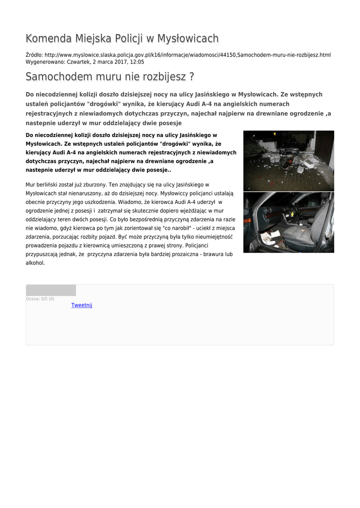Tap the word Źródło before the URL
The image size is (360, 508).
coord(34,55)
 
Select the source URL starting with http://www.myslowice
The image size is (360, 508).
coord(188,55)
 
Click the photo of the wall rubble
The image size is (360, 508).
coord(288,161)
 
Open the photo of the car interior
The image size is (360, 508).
coord(288,222)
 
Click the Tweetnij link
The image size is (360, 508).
coord(82,305)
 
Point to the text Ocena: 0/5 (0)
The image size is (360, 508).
coord(40,299)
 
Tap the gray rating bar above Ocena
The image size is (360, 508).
coord(51,290)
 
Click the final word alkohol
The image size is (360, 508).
coord(35,263)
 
